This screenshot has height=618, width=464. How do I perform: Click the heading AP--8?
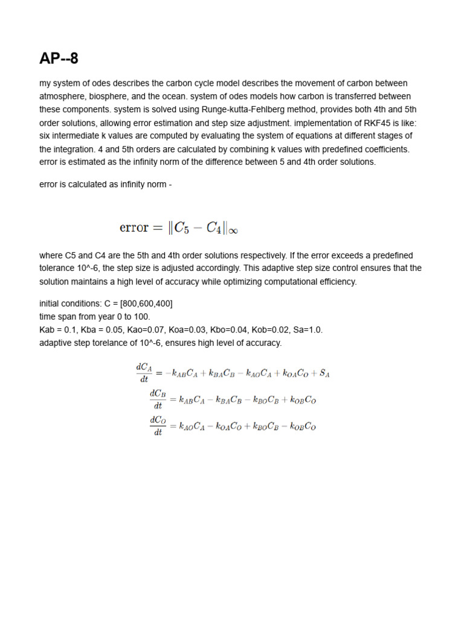coord(59,59)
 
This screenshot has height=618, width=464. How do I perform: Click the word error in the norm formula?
coord(134,228)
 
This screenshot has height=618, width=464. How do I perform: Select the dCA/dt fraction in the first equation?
coord(143,372)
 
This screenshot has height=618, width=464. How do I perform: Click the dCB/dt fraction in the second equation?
coord(157,399)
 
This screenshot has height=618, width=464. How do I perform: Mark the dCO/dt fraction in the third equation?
coord(157,425)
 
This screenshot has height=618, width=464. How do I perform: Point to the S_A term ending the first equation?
coord(324,374)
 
